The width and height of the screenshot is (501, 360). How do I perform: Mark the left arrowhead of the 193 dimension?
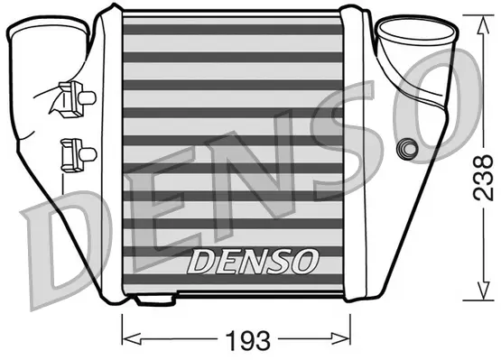(x=126, y=339)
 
